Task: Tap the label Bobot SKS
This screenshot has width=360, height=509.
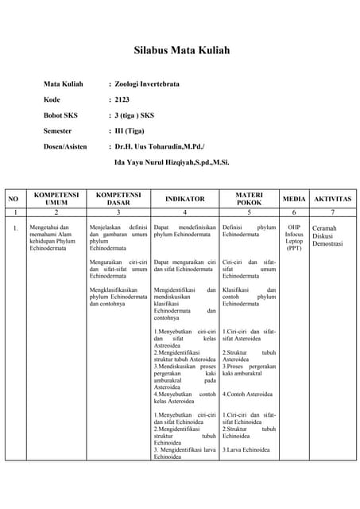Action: [60, 115]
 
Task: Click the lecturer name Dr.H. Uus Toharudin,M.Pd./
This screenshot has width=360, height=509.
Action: [159, 146]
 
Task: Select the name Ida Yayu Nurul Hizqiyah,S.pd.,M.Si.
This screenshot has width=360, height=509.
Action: [172, 162]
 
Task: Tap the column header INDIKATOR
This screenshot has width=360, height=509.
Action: [184, 199]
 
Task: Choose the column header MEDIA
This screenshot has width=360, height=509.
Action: [294, 199]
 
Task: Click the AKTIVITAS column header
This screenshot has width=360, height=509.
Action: [332, 199]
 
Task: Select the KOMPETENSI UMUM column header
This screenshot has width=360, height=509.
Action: [56, 199]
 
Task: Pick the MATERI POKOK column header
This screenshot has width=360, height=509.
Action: [249, 199]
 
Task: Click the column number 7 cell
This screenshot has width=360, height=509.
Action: [332, 213]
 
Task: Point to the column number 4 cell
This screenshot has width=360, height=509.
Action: [184, 213]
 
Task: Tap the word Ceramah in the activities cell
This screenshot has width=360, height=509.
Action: [325, 228]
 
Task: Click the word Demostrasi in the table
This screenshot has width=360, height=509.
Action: [327, 244]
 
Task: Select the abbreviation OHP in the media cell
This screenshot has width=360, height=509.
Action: [294, 227]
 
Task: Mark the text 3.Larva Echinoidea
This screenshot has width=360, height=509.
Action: [246, 451]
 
